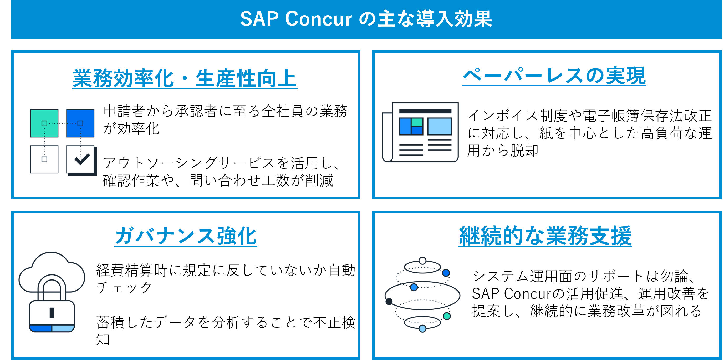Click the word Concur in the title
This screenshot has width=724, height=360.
(x=318, y=19)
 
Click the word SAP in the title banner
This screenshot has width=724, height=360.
(x=259, y=19)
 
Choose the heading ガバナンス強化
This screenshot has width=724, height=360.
(x=186, y=236)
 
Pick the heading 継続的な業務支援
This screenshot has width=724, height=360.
(x=545, y=236)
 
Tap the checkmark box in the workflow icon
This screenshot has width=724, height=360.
(x=81, y=159)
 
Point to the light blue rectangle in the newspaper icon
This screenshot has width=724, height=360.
(x=440, y=126)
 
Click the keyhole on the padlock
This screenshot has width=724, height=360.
(x=52, y=312)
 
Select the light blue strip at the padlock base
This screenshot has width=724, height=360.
(x=63, y=328)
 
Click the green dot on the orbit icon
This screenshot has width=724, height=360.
(x=447, y=316)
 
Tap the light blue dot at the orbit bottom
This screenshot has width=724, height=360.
(x=422, y=328)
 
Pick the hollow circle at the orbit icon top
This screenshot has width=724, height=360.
(x=422, y=261)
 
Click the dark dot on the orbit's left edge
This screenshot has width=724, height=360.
(x=389, y=302)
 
